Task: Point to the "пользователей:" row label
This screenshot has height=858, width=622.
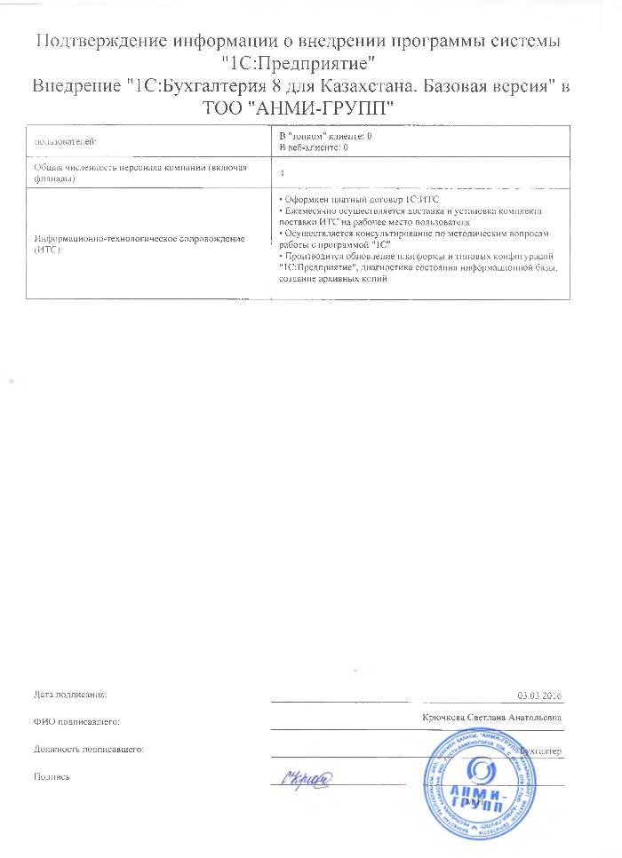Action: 64,141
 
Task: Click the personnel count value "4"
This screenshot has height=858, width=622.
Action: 282,173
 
